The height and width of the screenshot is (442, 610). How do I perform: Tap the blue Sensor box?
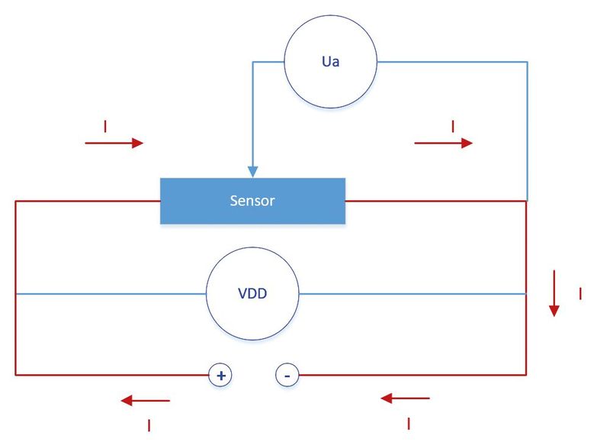pos(253,201)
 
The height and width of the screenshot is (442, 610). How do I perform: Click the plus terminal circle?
pos(220,376)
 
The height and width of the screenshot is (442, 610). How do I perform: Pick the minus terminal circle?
pos(287,376)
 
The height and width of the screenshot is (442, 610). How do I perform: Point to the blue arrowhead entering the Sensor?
pos(253,172)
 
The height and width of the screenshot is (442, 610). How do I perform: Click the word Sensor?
pos(252,201)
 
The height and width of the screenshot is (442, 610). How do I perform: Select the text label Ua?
pos(331,62)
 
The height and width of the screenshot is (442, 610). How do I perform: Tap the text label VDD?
pos(252,293)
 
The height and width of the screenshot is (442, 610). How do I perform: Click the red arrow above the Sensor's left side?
pos(114,143)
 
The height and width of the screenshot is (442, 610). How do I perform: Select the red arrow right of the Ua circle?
pos(444,143)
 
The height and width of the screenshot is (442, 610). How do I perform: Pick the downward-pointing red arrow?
pos(554,293)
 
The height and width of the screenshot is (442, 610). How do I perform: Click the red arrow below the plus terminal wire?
pos(145,400)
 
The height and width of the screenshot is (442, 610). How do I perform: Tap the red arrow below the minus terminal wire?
pos(405,398)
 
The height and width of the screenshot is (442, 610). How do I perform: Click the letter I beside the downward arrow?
pos(580,294)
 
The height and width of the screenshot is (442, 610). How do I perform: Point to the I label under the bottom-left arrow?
pos(149,426)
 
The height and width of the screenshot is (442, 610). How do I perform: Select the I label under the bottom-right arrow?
pos(409,424)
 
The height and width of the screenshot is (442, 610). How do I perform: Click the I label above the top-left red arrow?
pos(105,127)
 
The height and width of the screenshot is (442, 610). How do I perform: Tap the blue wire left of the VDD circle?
pos(111,294)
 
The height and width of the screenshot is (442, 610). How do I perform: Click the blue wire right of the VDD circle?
pos(413,294)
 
